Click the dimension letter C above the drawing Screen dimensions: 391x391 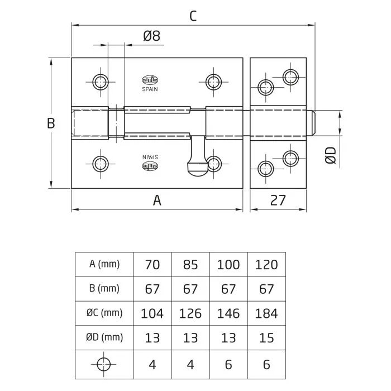(193, 16)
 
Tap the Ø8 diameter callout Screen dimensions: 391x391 (152, 36)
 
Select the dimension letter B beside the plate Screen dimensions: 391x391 (51, 123)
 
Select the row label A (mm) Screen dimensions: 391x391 (105, 264)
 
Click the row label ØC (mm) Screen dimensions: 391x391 (105, 313)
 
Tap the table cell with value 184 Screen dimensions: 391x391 (266, 313)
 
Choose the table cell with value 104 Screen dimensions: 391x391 (152, 313)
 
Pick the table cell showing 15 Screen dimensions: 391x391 (266, 337)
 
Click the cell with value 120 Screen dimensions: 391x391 (266, 264)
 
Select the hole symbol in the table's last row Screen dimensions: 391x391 (105, 363)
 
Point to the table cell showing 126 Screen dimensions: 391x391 (190, 313)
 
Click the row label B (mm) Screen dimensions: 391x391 (105, 289)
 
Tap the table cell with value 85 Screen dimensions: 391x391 (190, 264)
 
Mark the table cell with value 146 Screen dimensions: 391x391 (228, 313)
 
